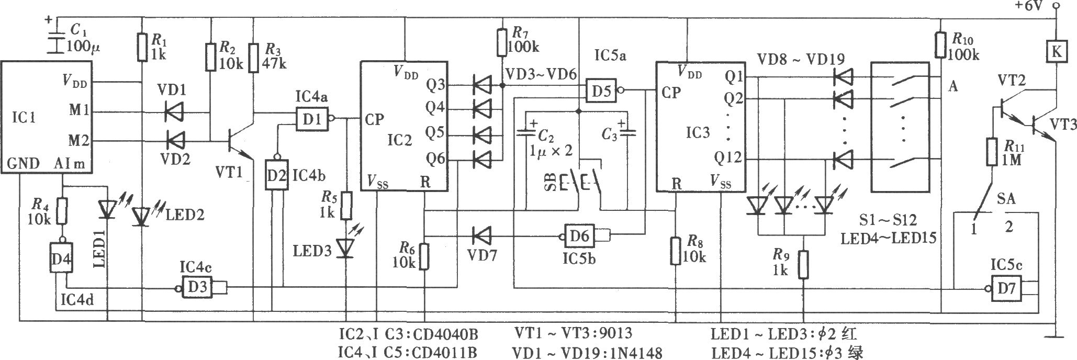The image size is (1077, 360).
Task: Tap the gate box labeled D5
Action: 601,91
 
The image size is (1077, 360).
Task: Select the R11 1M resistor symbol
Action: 991,152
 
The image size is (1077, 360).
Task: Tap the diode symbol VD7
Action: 480,235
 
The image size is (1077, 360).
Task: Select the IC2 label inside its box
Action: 400,140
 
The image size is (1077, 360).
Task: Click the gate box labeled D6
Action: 579,235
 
